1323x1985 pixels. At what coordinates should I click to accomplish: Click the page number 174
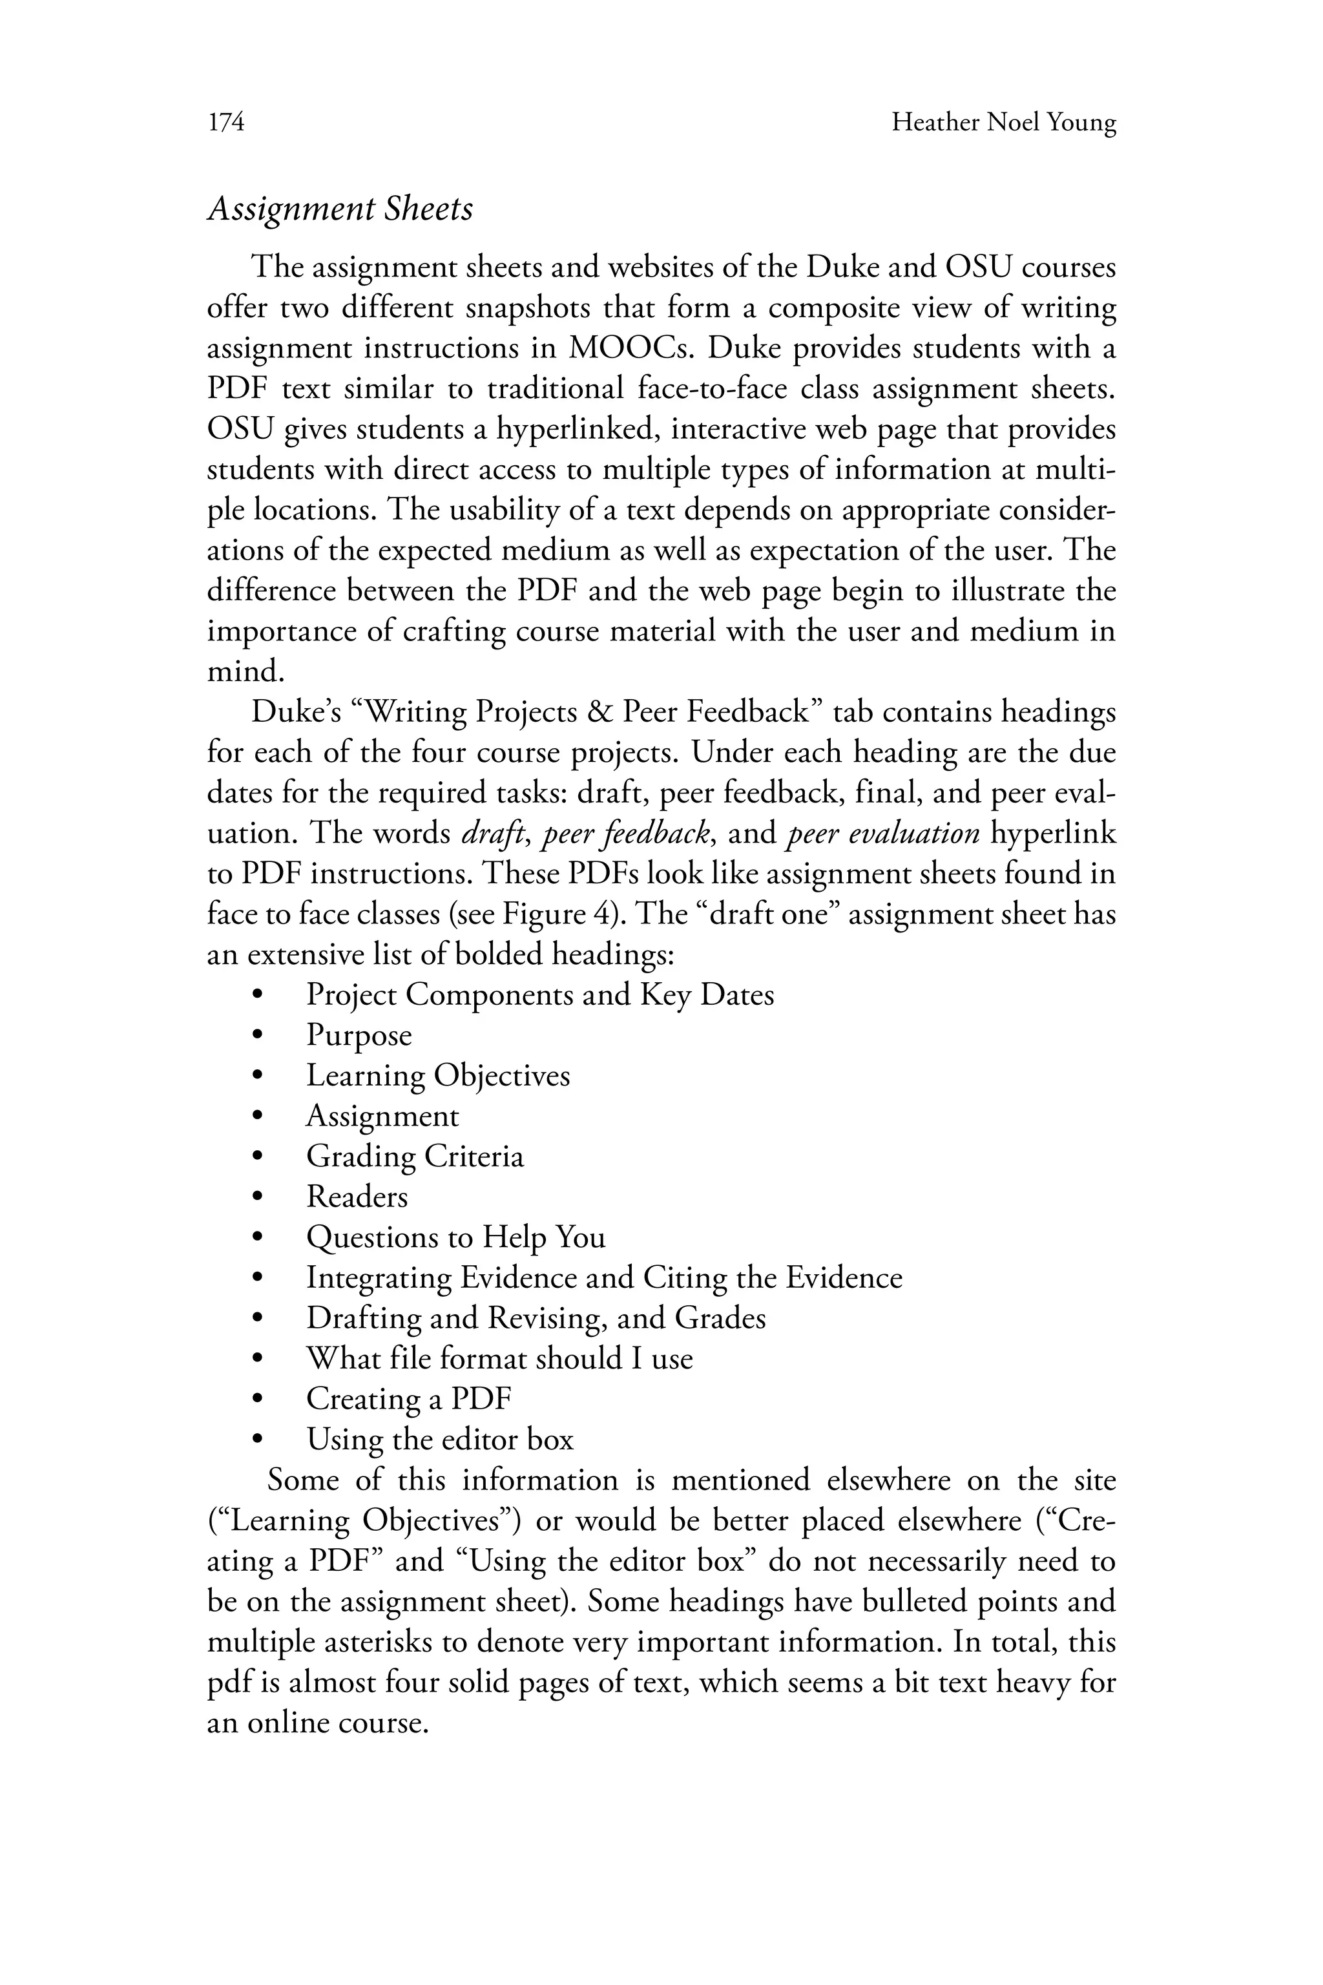[226, 123]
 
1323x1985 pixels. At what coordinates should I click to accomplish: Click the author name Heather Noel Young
[1003, 123]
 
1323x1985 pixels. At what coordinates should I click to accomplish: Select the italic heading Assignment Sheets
[340, 209]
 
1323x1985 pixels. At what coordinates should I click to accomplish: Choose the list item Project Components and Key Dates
[540, 994]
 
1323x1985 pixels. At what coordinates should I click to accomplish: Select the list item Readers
[357, 1197]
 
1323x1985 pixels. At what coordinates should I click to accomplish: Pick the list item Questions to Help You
[455, 1237]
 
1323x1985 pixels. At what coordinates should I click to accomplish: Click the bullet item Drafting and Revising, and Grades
[536, 1318]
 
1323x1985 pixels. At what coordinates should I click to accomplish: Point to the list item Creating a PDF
[408, 1400]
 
